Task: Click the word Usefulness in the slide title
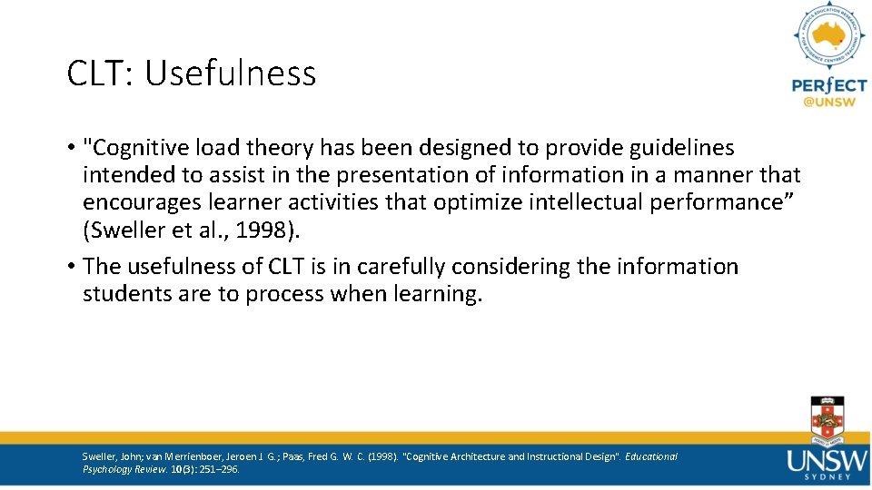(x=231, y=73)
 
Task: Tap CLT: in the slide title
(x=99, y=73)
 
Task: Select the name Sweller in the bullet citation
(x=123, y=230)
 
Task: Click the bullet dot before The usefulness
(x=71, y=267)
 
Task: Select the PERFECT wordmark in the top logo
(x=829, y=85)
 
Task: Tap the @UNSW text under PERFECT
(x=829, y=103)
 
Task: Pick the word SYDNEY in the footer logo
(x=828, y=475)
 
